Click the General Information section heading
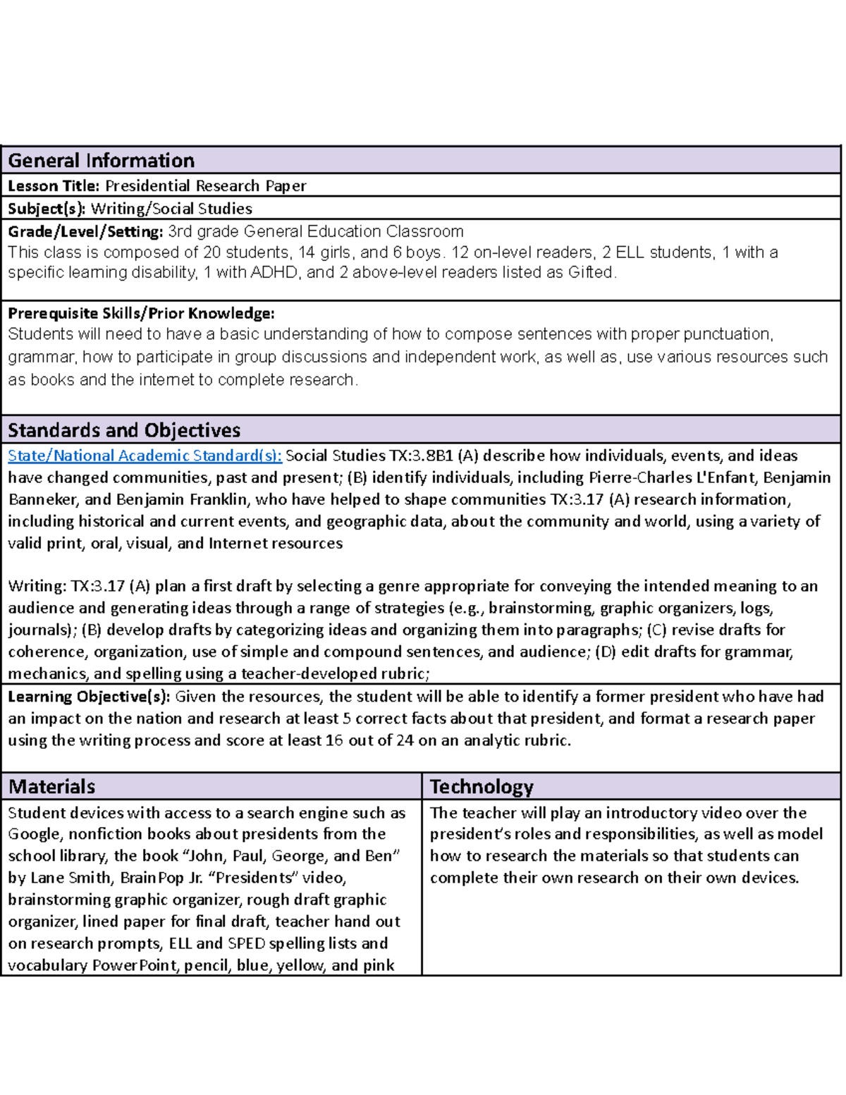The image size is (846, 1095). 101,161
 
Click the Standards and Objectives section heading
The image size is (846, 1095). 124,430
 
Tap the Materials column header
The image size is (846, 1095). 51,786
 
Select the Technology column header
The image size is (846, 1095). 482,786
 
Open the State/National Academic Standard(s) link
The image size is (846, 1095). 145,455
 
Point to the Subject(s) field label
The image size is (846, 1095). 47,209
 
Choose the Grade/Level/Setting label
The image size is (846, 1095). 85,231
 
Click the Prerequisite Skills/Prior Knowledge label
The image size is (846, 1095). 141,313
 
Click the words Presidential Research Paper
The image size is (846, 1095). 205,186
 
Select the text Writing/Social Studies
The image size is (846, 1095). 171,209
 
